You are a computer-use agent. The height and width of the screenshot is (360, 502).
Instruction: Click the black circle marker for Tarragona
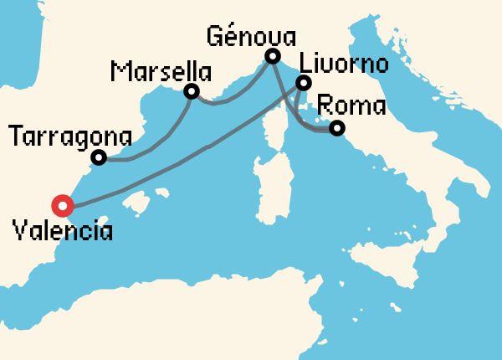(99, 157)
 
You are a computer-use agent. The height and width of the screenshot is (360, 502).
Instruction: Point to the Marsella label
(160, 71)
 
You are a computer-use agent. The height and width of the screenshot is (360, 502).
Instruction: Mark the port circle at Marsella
(192, 91)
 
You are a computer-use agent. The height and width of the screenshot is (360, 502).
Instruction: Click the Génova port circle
(272, 57)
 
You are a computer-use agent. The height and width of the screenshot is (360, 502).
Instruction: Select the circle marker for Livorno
(304, 83)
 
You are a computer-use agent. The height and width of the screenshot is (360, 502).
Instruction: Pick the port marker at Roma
(336, 128)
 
